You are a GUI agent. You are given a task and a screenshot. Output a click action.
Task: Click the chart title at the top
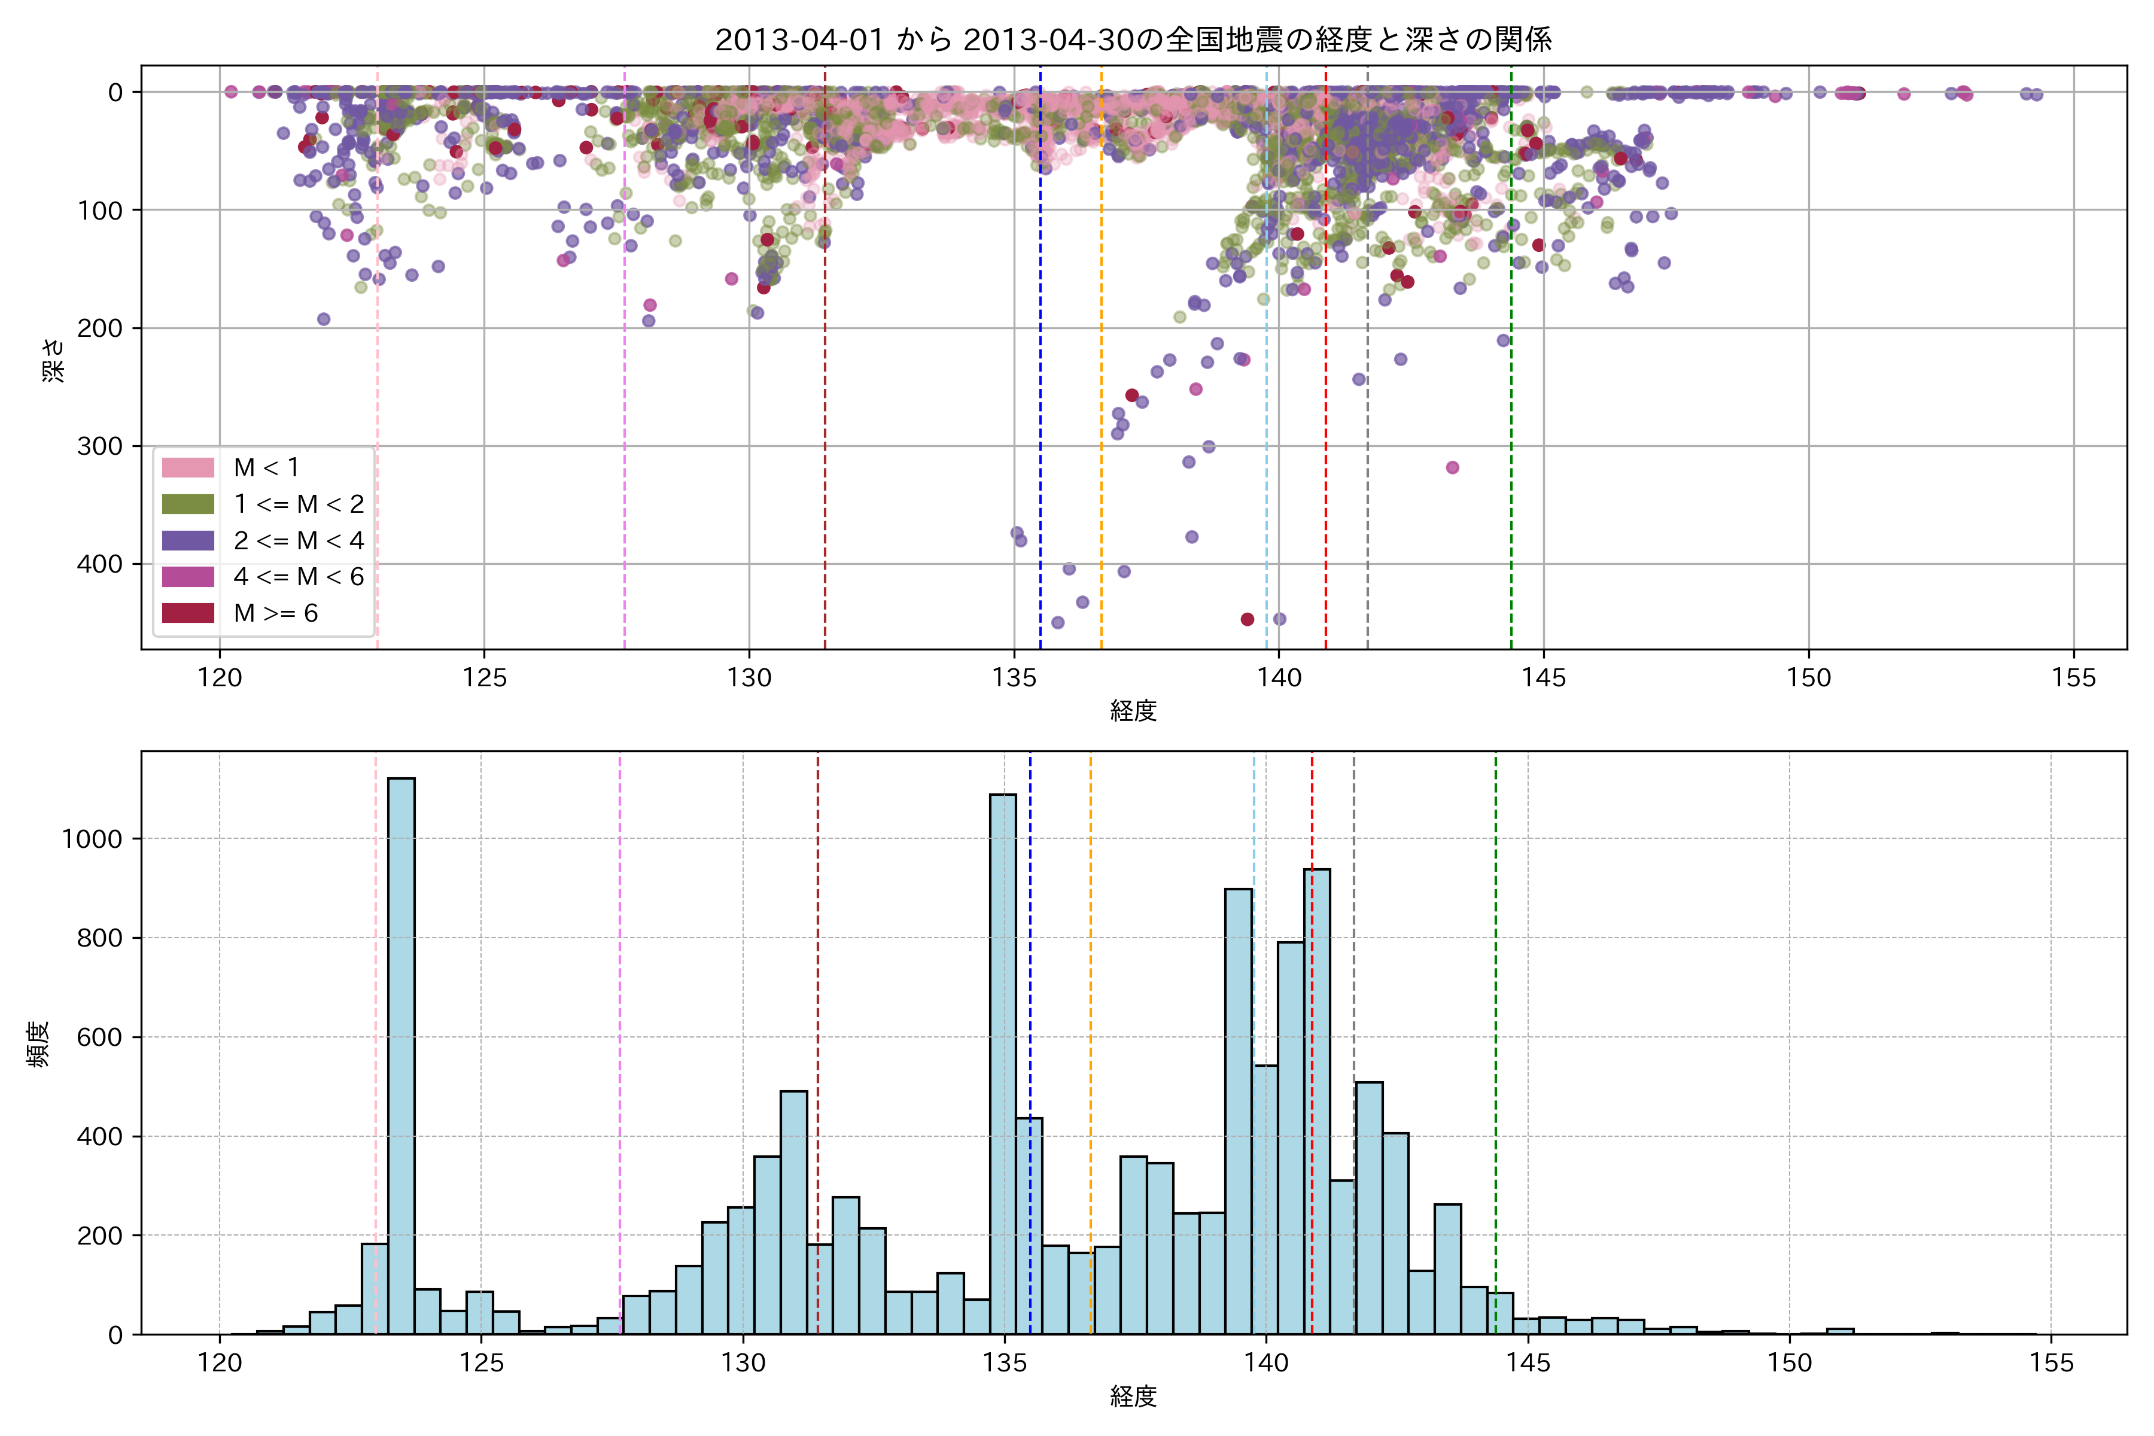pyautogui.click(x=1133, y=39)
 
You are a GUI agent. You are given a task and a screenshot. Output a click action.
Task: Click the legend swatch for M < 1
pyautogui.click(x=188, y=468)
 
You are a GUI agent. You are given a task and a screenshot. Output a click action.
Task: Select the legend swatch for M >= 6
pyautogui.click(x=188, y=613)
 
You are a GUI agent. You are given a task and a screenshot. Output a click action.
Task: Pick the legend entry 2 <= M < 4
pyautogui.click(x=297, y=540)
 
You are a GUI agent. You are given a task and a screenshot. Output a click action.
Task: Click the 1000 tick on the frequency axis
pyautogui.click(x=91, y=839)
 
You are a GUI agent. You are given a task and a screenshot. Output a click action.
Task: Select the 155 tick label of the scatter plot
pyautogui.click(x=2073, y=679)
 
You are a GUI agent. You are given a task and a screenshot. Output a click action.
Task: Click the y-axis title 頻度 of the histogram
pyautogui.click(x=38, y=1044)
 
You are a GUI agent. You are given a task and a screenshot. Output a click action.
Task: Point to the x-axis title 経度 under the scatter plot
pyautogui.click(x=1133, y=711)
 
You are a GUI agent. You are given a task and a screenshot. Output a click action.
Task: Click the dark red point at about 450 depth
pyautogui.click(x=1246, y=620)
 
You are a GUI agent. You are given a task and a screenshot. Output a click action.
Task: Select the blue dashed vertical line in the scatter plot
pyautogui.click(x=1041, y=366)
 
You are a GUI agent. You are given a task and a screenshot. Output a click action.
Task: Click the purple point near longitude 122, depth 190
pyautogui.click(x=323, y=320)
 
